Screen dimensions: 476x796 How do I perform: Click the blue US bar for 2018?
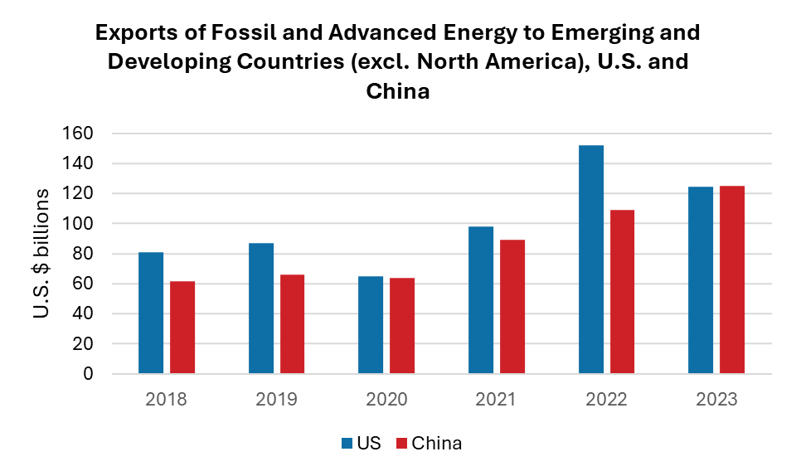(151, 313)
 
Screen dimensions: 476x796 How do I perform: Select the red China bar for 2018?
(182, 328)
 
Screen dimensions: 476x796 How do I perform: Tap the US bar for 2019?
(261, 308)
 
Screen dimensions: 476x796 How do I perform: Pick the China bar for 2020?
(402, 325)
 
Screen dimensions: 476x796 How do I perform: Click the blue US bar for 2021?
(481, 300)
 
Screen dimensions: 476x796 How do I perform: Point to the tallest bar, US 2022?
(591, 260)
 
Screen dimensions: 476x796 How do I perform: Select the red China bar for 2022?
(622, 292)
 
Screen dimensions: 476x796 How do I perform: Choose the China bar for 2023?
(732, 279)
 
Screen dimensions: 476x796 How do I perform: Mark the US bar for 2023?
(701, 280)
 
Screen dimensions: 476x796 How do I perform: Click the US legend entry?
(362, 443)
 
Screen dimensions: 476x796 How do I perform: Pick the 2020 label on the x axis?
(386, 399)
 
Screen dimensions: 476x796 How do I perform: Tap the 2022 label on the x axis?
(606, 399)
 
